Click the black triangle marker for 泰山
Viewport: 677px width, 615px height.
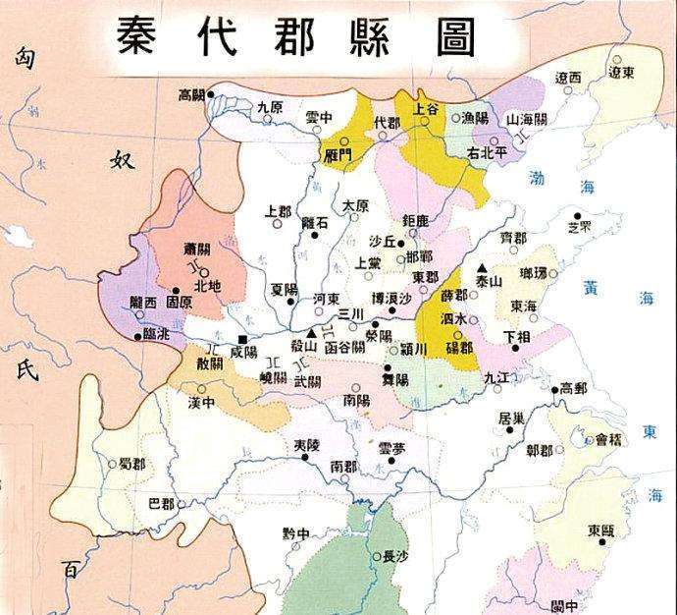[x=482, y=267]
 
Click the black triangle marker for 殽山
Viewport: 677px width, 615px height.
[x=313, y=335]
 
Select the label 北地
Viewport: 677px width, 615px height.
[x=208, y=286]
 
